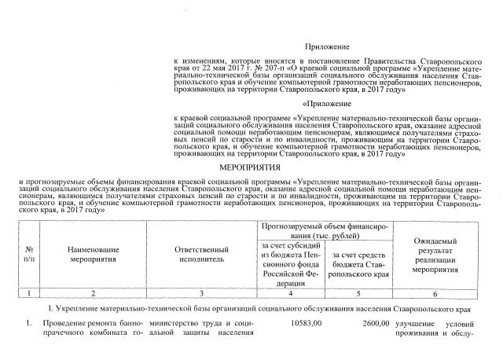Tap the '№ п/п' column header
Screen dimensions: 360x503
[x=28, y=253]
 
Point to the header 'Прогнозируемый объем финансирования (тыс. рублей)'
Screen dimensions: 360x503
[x=325, y=230]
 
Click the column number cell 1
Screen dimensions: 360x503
[x=28, y=292]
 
